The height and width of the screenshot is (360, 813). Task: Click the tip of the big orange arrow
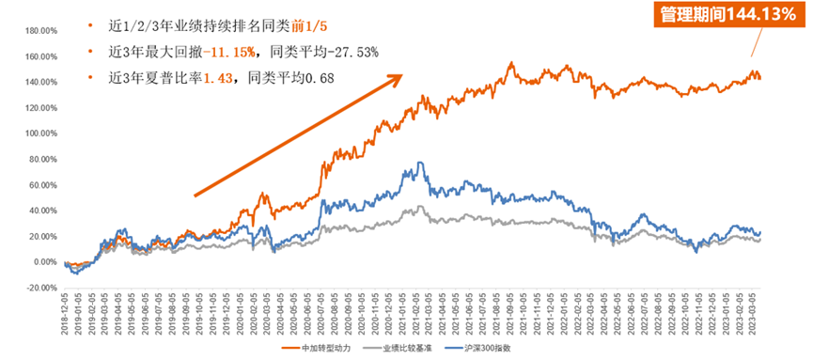point(403,75)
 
